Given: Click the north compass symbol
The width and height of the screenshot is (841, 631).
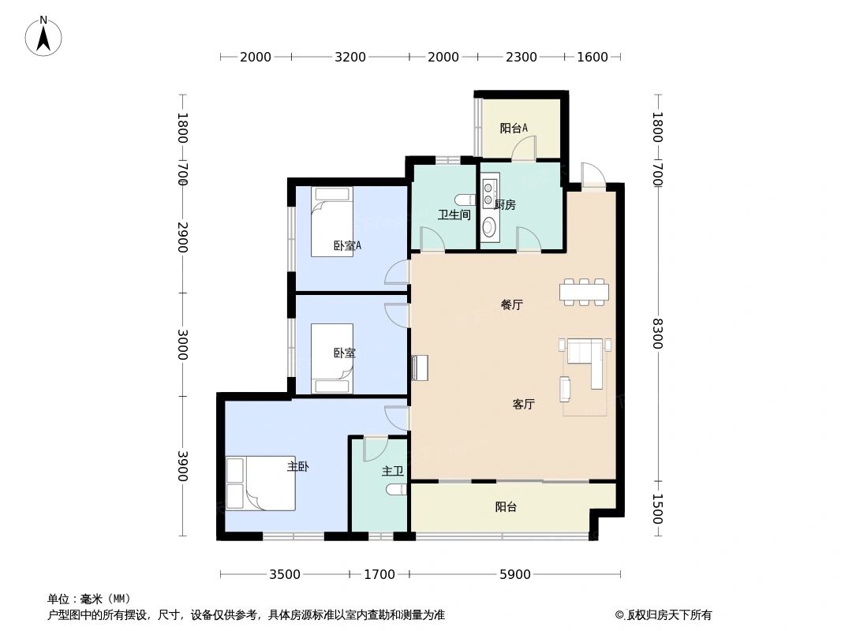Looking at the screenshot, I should click(x=44, y=35).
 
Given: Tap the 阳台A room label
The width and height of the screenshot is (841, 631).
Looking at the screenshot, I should click(x=514, y=128).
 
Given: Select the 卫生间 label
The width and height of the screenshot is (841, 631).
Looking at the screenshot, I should click(x=454, y=215).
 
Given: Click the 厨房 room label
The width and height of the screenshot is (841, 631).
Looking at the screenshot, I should click(x=505, y=205).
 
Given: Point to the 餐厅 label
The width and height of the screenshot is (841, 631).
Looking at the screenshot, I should click(x=511, y=304).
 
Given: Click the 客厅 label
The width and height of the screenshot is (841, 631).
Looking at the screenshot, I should click(x=524, y=404).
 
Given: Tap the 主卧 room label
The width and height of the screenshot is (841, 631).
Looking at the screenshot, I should click(x=298, y=466).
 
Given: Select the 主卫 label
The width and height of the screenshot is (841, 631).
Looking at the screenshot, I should click(x=392, y=471).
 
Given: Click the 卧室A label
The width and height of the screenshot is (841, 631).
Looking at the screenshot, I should click(x=347, y=245).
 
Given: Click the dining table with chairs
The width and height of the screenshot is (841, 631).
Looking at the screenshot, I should click(x=584, y=292).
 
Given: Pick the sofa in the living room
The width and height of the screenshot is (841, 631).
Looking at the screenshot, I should click(x=585, y=360).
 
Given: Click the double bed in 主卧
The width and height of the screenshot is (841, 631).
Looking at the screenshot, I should click(x=261, y=483).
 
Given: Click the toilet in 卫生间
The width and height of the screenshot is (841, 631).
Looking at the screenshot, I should click(x=465, y=199).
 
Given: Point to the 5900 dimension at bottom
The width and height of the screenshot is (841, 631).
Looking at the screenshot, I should click(x=515, y=574).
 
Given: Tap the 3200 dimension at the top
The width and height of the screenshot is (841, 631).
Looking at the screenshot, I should click(x=350, y=57).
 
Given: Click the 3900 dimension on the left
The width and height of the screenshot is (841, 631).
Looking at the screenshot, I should click(x=182, y=465).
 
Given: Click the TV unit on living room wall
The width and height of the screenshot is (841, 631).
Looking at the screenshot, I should click(x=420, y=368).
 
